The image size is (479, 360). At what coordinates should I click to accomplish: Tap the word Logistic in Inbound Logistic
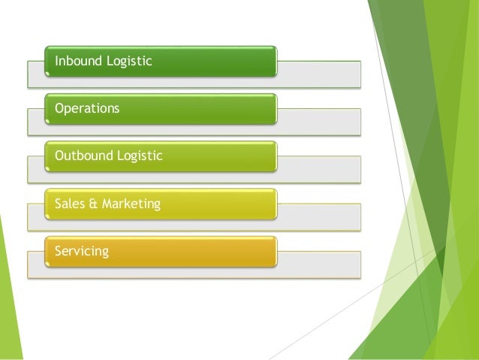129,62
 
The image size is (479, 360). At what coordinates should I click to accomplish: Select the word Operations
87,109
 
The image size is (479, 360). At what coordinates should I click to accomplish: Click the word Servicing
82,251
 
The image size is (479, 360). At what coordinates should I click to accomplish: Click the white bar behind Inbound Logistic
319,74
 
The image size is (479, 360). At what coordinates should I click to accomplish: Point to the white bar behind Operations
319,121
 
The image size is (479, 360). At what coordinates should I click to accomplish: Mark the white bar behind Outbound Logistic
319,168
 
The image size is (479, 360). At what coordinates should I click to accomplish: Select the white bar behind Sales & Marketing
319,216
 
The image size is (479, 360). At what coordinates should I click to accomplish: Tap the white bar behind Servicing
319,264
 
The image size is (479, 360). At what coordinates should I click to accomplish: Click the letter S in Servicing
59,250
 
